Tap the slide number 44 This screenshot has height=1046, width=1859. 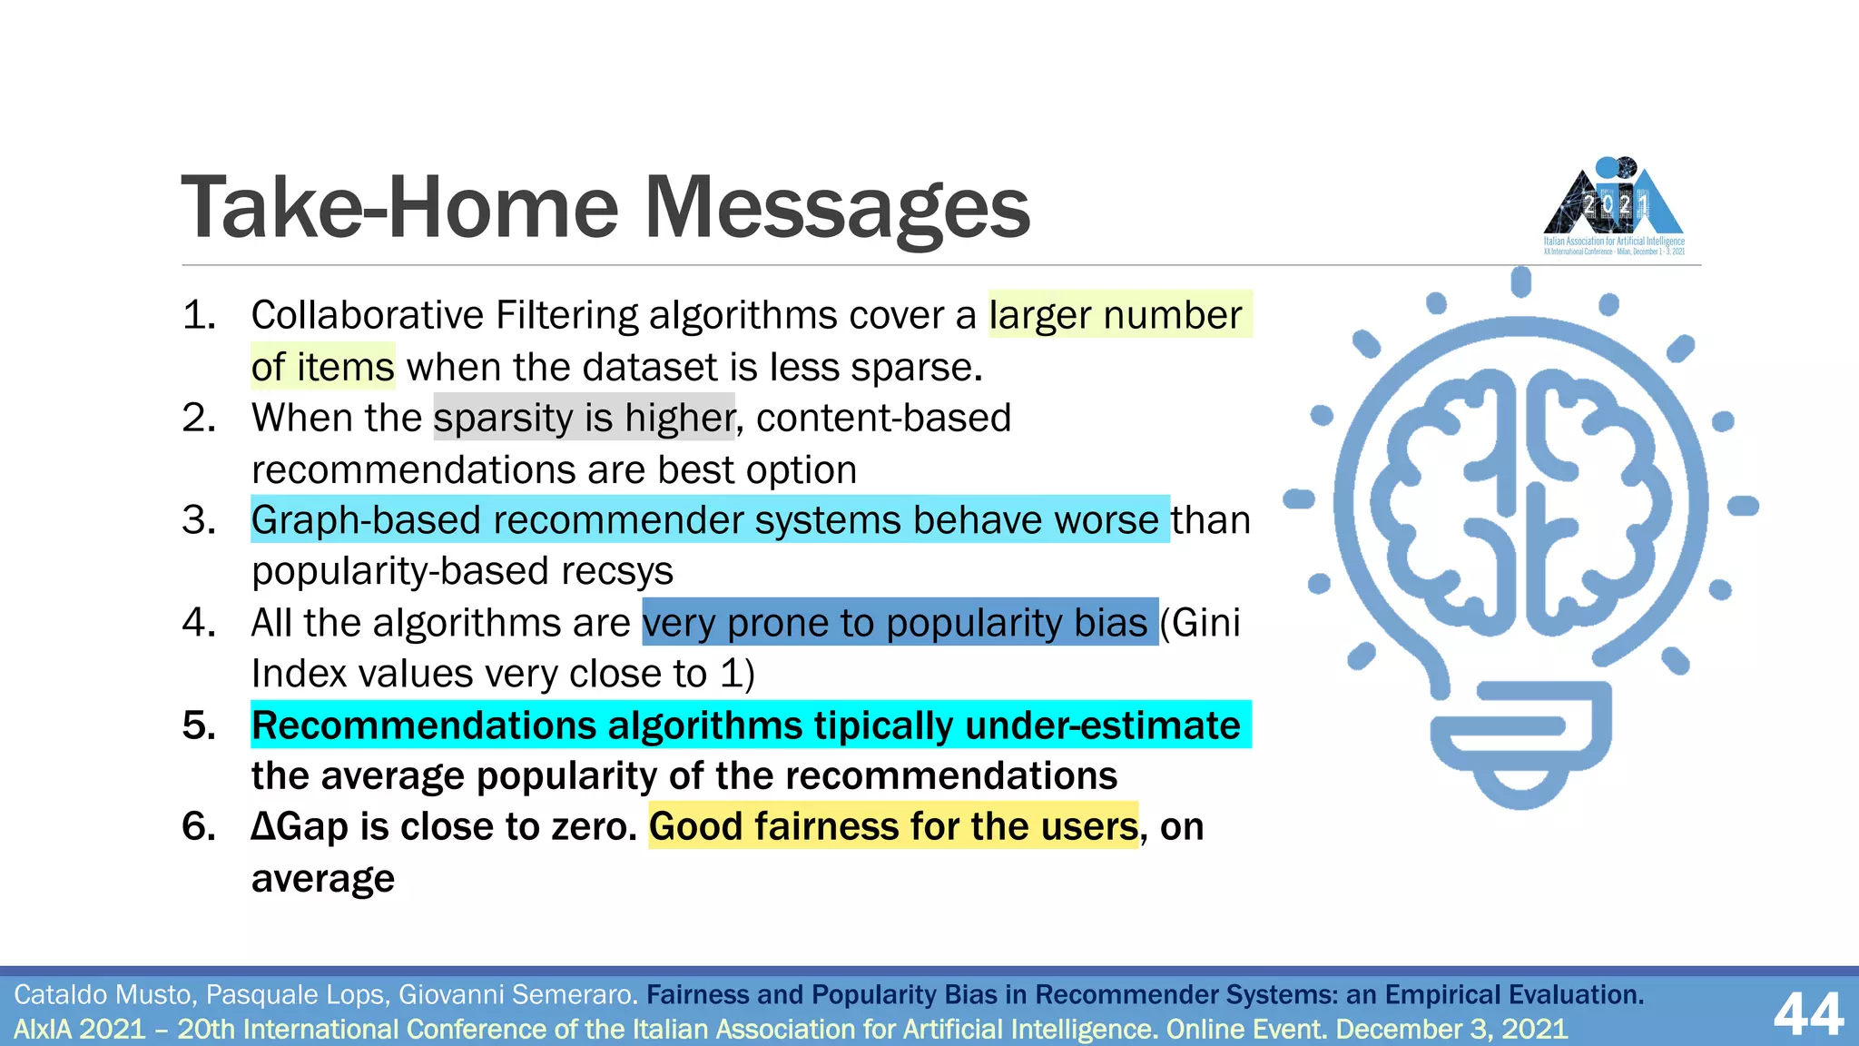1807,1013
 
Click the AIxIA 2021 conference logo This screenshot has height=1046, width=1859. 1613,207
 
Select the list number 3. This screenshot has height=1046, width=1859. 199,520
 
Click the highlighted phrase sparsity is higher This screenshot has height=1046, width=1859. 584,418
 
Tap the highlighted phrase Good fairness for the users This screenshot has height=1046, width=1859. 893,826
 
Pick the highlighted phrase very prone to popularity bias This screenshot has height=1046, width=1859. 899,623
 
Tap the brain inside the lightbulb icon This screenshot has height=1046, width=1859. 1520,504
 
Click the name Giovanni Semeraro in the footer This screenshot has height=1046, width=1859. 517,995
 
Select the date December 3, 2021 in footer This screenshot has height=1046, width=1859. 1451,1030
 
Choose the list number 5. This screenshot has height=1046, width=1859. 199,725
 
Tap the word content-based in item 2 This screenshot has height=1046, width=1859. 883,418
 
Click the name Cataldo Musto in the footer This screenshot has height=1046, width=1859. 103,995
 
